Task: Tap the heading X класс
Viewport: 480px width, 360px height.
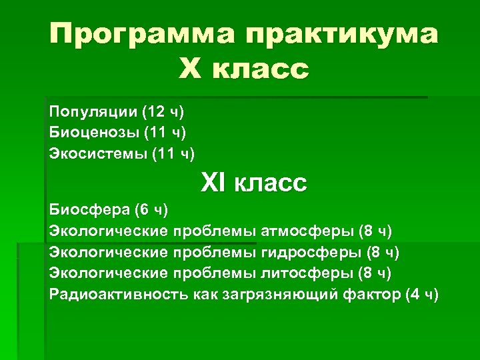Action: point(244,68)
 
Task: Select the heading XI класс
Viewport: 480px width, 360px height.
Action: point(254,182)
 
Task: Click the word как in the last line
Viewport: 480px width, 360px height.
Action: point(207,295)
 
